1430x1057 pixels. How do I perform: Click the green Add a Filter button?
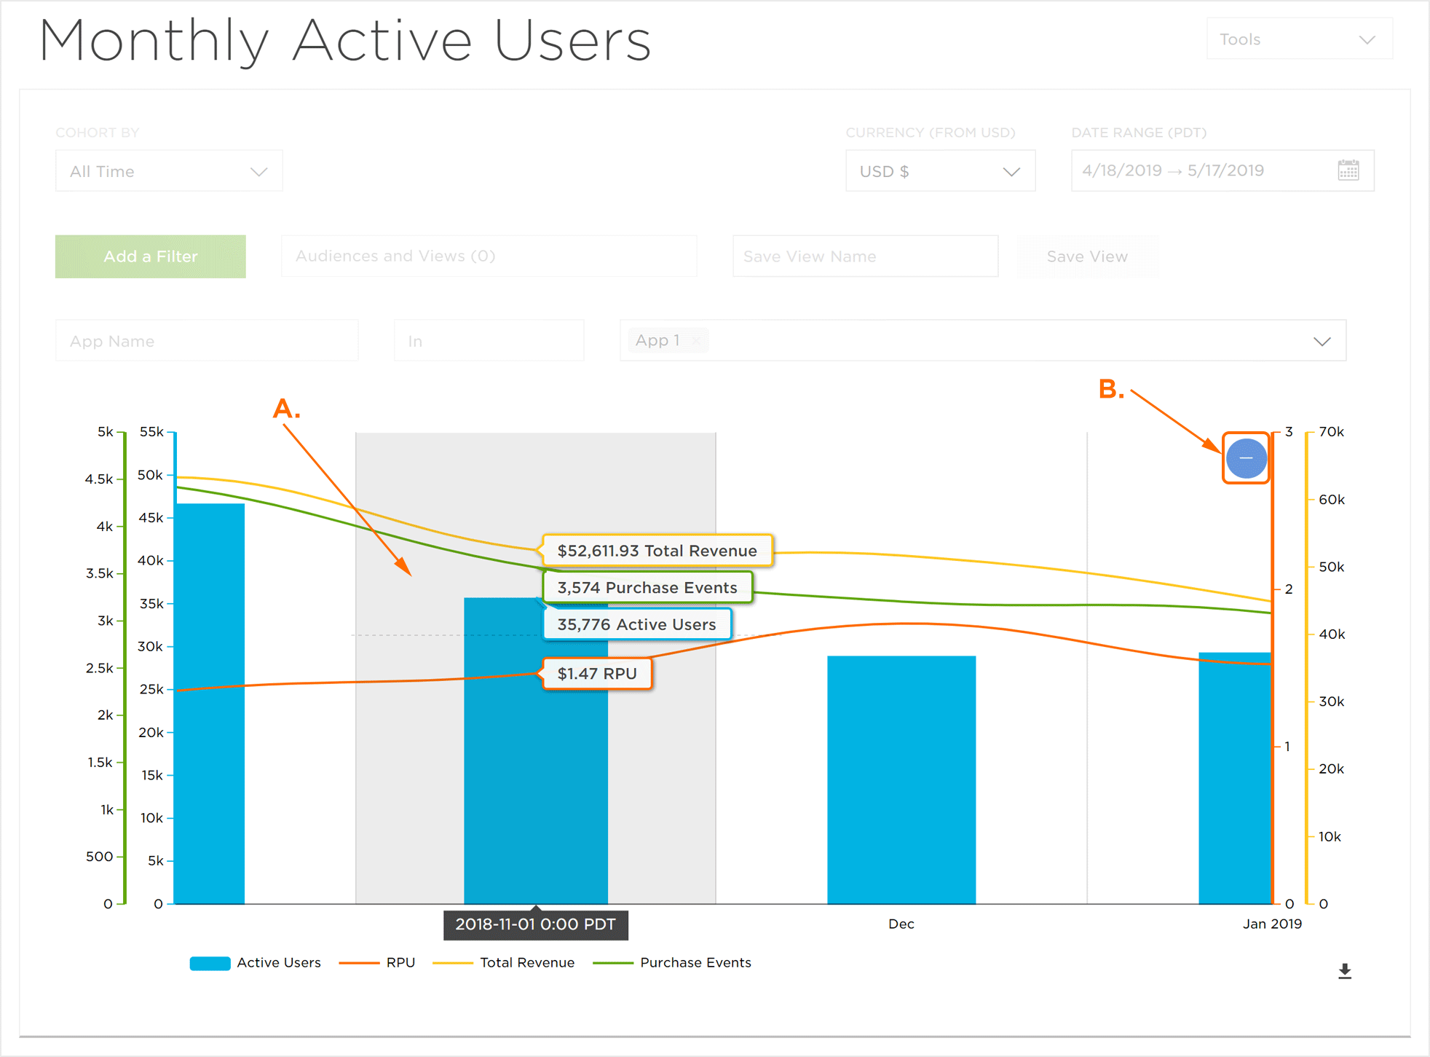coord(150,256)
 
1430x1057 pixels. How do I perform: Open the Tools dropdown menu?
coord(1299,39)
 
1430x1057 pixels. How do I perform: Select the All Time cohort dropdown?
coord(169,171)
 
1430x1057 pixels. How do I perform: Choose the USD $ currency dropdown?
coord(939,171)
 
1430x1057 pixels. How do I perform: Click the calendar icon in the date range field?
coord(1348,170)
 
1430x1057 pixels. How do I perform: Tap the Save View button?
coord(1086,256)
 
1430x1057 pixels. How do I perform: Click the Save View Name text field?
coord(865,256)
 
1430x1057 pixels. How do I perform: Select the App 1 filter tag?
coord(658,340)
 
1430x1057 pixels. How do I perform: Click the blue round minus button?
coord(1246,458)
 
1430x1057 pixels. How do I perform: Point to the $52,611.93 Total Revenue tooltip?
coord(657,551)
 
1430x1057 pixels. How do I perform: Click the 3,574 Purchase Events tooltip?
coord(647,587)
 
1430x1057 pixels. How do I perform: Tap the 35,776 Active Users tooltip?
coord(636,624)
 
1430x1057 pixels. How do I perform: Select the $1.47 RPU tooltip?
coord(596,674)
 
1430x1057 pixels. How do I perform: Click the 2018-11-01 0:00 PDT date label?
coord(535,924)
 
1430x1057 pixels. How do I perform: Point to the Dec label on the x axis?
coord(901,924)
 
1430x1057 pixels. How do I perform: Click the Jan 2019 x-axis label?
coord(1271,924)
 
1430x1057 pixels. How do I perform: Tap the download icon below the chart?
coord(1344,971)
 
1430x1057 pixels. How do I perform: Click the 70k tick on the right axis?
coord(1331,432)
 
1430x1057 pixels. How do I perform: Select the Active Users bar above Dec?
coord(901,779)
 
